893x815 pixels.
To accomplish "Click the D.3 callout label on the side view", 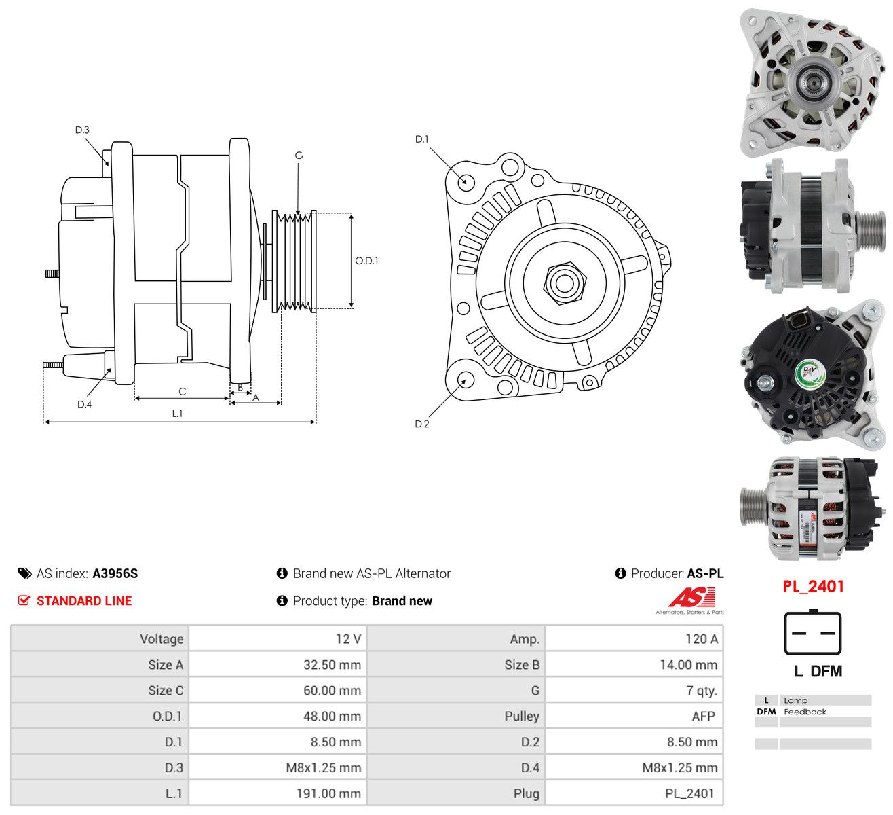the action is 82,130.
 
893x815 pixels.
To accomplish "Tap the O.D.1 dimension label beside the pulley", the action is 366,261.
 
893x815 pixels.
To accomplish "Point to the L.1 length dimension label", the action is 177,414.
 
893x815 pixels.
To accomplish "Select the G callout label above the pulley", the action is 299,156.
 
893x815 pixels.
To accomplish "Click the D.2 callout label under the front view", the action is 422,424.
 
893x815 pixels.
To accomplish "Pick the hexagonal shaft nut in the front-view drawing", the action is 565,283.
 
